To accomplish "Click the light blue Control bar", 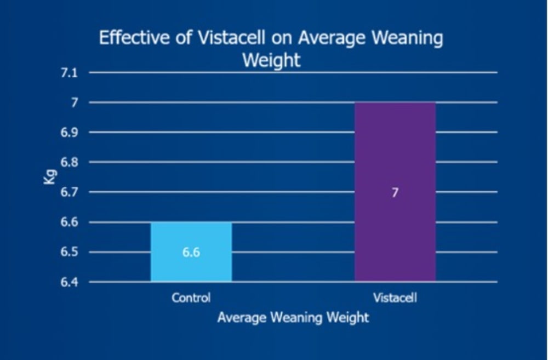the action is point(191,252).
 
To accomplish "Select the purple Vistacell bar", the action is point(395,192).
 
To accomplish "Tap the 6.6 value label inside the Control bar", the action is point(191,252).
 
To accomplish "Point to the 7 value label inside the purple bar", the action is point(395,192).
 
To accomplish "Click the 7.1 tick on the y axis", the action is point(69,73).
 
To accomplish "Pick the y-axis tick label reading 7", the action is point(75,103).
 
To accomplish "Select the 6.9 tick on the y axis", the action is point(69,133).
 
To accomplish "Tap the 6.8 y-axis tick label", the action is point(69,163).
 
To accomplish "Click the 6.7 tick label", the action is point(69,192).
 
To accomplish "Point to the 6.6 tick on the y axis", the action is point(69,222).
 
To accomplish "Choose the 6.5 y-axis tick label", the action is point(69,252).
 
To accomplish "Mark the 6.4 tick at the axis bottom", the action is point(69,282).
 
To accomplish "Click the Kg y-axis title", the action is point(50,177).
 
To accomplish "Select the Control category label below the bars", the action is point(191,298).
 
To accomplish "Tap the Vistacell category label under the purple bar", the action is point(395,298).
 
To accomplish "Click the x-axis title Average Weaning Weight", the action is point(293,318).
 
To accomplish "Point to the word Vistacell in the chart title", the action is point(232,37).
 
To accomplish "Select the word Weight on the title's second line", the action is point(272,60).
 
